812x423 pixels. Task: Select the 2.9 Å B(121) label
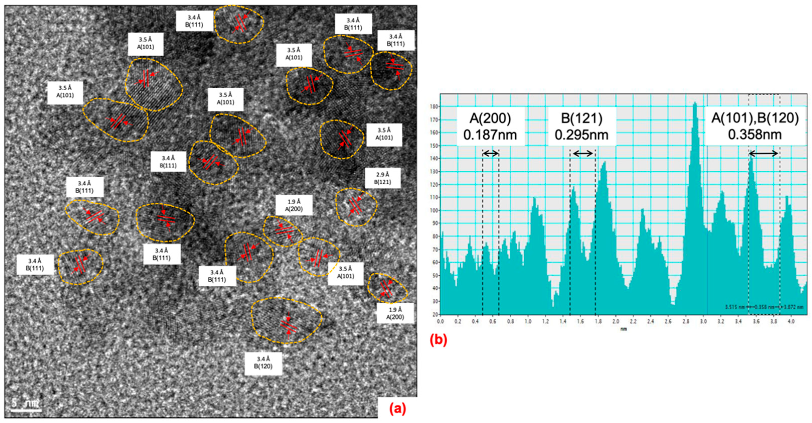point(383,178)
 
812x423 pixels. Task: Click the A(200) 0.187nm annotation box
point(490,127)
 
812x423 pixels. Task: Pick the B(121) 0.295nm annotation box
point(582,127)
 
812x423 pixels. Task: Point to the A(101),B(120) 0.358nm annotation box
point(755,127)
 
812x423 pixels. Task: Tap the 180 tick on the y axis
point(434,107)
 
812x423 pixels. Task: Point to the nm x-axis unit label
point(623,329)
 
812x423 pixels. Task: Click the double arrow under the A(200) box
point(491,154)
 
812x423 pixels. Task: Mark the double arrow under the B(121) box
point(583,154)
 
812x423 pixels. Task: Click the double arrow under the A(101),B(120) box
point(763,154)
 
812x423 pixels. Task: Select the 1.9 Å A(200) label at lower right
point(395,314)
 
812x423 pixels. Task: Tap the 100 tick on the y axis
point(434,210)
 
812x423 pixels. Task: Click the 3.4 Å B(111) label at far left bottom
point(35,265)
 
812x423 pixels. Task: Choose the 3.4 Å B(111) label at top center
point(194,21)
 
